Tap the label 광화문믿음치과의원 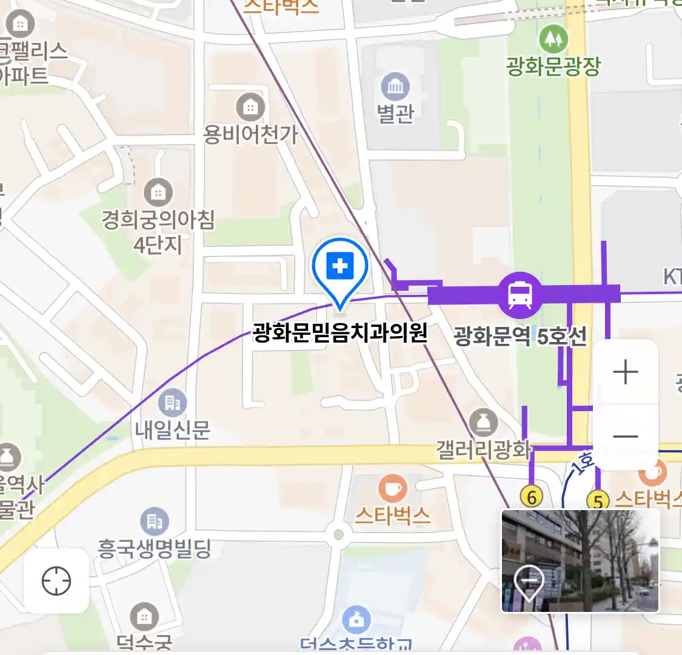(x=340, y=332)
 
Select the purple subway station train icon (x=520, y=295)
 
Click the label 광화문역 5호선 (x=520, y=335)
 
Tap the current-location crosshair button (x=56, y=581)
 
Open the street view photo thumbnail (x=580, y=560)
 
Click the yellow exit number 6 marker (x=532, y=497)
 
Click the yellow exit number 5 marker (x=598, y=502)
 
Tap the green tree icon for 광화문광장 (x=553, y=39)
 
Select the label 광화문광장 (x=553, y=66)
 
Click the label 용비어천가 (x=250, y=134)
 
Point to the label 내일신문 (x=173, y=430)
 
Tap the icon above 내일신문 (x=173, y=402)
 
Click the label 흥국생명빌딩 (x=155, y=549)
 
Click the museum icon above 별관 (x=395, y=87)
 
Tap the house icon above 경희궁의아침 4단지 (x=158, y=193)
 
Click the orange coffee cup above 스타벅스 (x=393, y=488)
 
